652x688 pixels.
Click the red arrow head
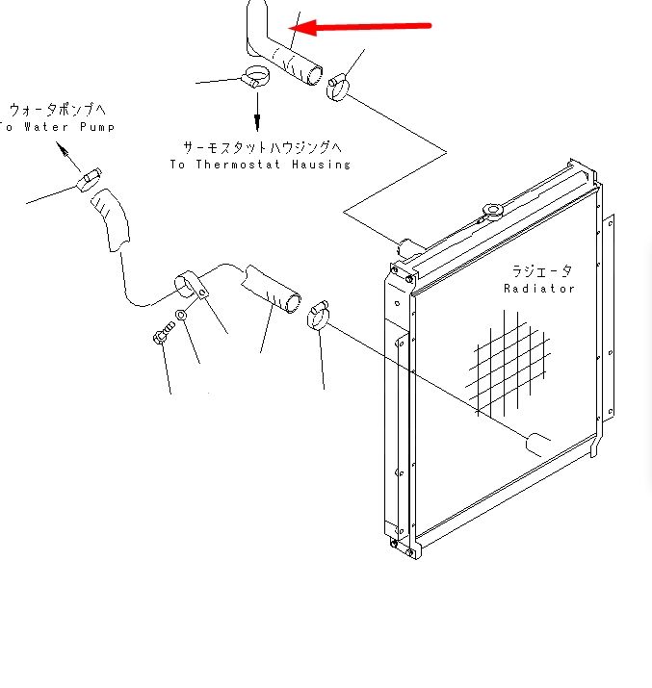coord(302,28)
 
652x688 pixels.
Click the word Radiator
coord(539,289)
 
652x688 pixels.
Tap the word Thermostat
coord(238,165)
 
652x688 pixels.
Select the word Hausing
coord(321,165)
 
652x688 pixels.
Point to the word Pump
coord(97,127)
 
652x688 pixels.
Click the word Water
coord(46,127)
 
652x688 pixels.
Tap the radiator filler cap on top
coord(493,212)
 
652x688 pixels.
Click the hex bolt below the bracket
coord(164,333)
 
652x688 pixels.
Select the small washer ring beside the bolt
coord(181,315)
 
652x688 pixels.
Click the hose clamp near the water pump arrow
coord(90,180)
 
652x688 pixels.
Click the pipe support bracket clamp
coord(191,284)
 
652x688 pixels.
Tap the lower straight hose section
coord(271,289)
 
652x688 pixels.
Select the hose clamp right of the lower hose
coord(318,314)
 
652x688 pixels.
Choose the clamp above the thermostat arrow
coord(255,76)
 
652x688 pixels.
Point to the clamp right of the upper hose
coord(338,88)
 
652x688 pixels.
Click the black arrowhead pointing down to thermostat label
coord(257,122)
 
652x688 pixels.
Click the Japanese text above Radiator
coord(542,271)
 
